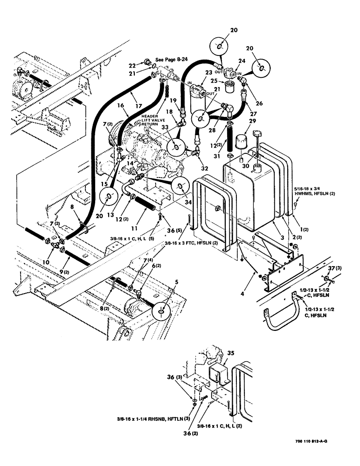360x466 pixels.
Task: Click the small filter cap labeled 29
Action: [x=242, y=143]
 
